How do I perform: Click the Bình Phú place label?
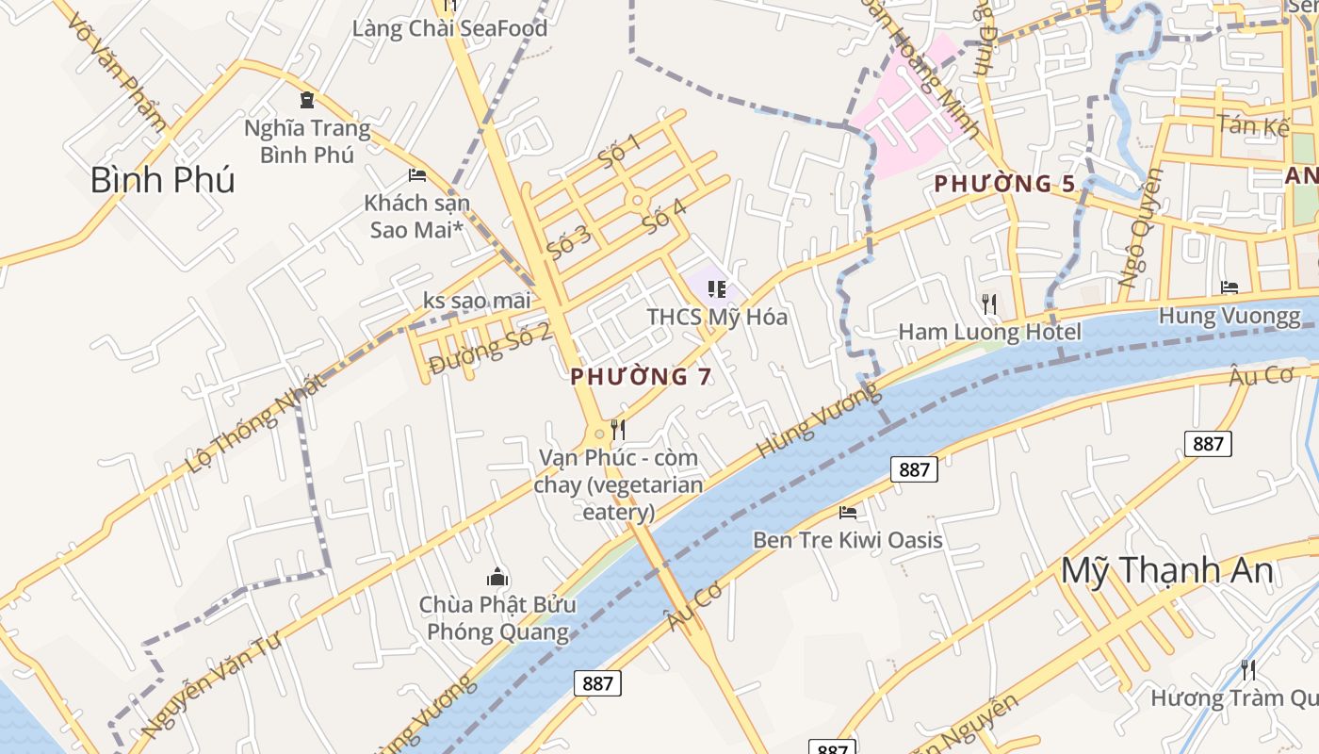pos(162,179)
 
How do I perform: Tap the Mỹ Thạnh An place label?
pos(1167,571)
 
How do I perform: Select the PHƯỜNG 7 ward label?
pos(641,377)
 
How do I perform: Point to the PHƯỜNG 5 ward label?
pos(1004,184)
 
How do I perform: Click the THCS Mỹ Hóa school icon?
pos(717,289)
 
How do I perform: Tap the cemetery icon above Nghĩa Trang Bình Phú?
pos(307,99)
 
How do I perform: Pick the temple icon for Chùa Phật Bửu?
pos(497,577)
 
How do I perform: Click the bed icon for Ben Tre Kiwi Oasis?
pos(848,513)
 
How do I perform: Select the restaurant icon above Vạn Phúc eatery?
pos(618,430)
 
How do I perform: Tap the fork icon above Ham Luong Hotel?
pos(988,303)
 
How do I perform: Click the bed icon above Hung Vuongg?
pos(1229,287)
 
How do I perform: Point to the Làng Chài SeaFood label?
pos(449,28)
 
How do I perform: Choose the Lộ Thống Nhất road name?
pos(256,423)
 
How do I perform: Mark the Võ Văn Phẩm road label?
pos(118,72)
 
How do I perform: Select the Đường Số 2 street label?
pos(489,348)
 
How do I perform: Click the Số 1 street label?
pos(619,150)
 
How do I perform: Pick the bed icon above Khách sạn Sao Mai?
pos(417,175)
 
